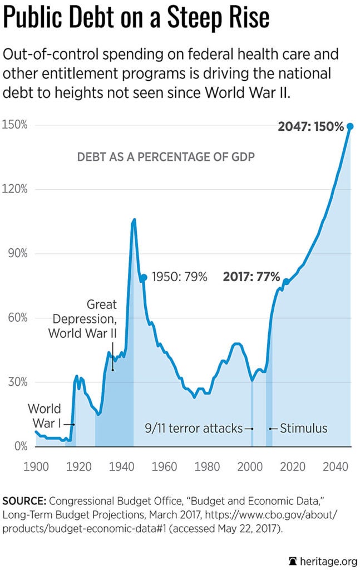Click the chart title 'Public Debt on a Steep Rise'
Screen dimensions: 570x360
point(136,18)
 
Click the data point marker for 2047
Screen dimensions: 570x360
point(350,126)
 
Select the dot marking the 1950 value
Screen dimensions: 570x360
point(144,277)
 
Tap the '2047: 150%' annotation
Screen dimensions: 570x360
point(310,127)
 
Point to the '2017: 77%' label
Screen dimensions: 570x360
point(251,277)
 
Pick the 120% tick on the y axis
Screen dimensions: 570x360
point(15,189)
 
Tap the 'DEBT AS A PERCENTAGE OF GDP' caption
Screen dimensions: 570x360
point(165,158)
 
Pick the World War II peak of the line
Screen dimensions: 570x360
point(134,220)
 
